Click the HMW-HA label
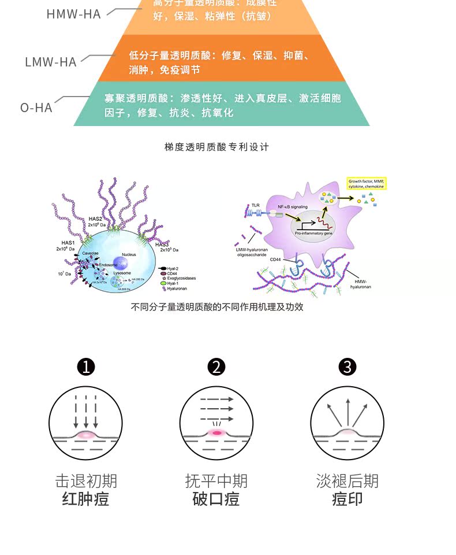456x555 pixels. (x=73, y=14)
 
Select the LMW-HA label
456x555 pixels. (x=51, y=62)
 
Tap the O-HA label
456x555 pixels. (x=36, y=108)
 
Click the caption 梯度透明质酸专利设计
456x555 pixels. (x=217, y=147)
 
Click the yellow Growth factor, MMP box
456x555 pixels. (x=366, y=184)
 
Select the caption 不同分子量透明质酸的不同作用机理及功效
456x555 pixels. (x=217, y=307)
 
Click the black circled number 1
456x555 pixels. (x=86, y=367)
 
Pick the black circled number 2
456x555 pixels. (x=216, y=367)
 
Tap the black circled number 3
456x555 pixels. (x=347, y=367)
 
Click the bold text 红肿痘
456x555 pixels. (x=86, y=499)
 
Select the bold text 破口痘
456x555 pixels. (x=216, y=499)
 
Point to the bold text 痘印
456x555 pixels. (x=347, y=499)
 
